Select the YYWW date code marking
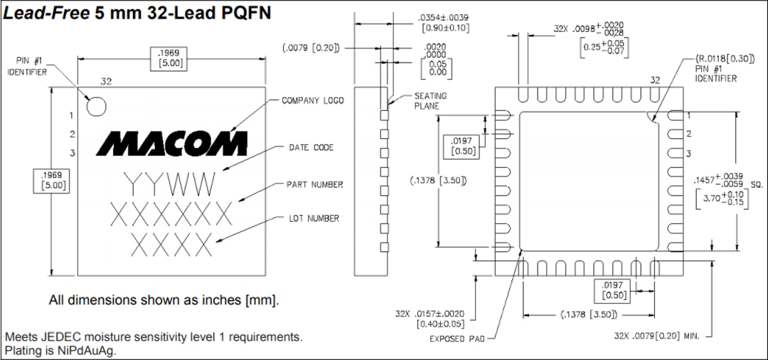point(169,184)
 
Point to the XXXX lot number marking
point(171,244)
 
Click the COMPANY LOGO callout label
point(312,101)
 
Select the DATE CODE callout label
point(311,147)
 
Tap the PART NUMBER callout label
point(314,184)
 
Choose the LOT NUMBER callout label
point(314,218)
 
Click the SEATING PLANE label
point(430,101)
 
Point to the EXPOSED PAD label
point(457,339)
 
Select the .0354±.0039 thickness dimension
point(443,17)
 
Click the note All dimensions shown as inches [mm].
point(164,300)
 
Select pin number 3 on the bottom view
point(688,154)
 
